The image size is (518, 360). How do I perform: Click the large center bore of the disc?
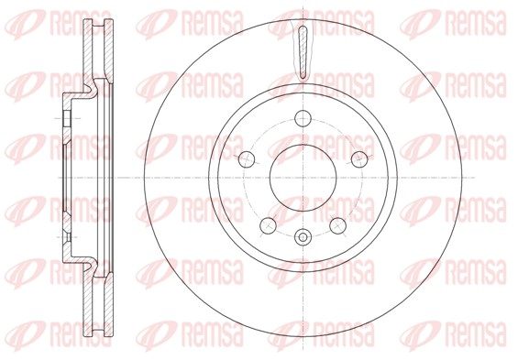pos(303,178)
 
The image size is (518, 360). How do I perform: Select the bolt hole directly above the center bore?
pos(303,118)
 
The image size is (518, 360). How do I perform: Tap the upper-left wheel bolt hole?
pos(247,159)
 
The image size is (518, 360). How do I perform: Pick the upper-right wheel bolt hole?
pos(359,159)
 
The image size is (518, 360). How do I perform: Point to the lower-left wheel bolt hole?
pos(269,225)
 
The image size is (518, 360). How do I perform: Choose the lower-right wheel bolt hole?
pos(338,225)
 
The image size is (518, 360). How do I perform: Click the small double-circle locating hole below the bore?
pos(303,237)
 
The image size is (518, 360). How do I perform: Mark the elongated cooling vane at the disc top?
pos(303,53)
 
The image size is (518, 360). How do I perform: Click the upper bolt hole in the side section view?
pos(67,118)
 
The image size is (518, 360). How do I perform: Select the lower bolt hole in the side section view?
pos(67,237)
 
